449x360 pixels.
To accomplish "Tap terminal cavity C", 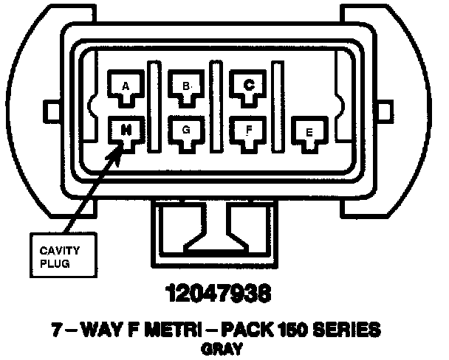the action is click(x=249, y=86).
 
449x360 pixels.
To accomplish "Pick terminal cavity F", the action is click(x=249, y=131).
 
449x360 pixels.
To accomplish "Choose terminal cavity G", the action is click(x=186, y=131).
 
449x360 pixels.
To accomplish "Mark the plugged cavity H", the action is click(x=126, y=131).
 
